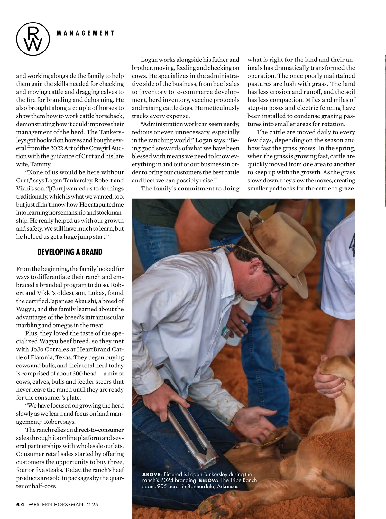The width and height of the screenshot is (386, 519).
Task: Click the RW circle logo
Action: pos(33,39)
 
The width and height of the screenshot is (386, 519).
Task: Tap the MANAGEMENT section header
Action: pos(85,33)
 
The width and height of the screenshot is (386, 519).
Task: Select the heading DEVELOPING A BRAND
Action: pos(70,252)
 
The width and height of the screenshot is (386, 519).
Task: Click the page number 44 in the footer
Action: pos(20,505)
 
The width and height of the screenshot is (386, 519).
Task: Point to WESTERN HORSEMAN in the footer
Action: pos(56,505)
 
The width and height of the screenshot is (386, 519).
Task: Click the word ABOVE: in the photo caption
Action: pos(152,474)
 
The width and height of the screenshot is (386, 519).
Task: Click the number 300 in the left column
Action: pos(76,374)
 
